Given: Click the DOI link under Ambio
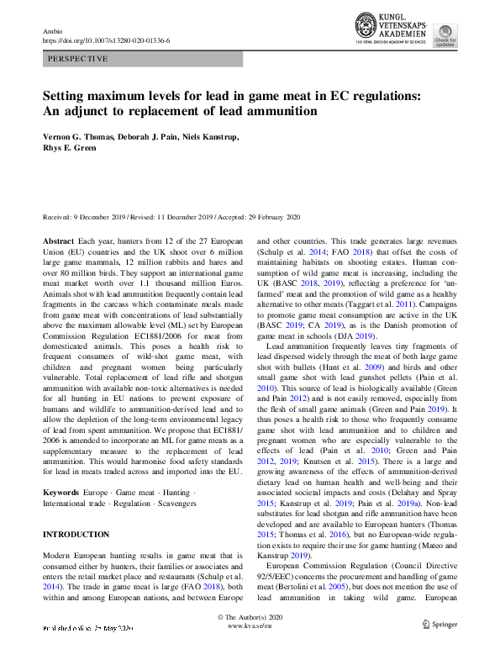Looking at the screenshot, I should (x=105, y=41).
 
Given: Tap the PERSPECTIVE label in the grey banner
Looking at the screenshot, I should (x=78, y=60).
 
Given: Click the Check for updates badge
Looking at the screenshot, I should (x=468, y=35).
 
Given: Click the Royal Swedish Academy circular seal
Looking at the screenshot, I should (x=367, y=26).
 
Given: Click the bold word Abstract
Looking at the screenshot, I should (x=59, y=240).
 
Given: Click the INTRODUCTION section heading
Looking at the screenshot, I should (x=76, y=534).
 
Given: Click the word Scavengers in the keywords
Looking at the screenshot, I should (x=175, y=503).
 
